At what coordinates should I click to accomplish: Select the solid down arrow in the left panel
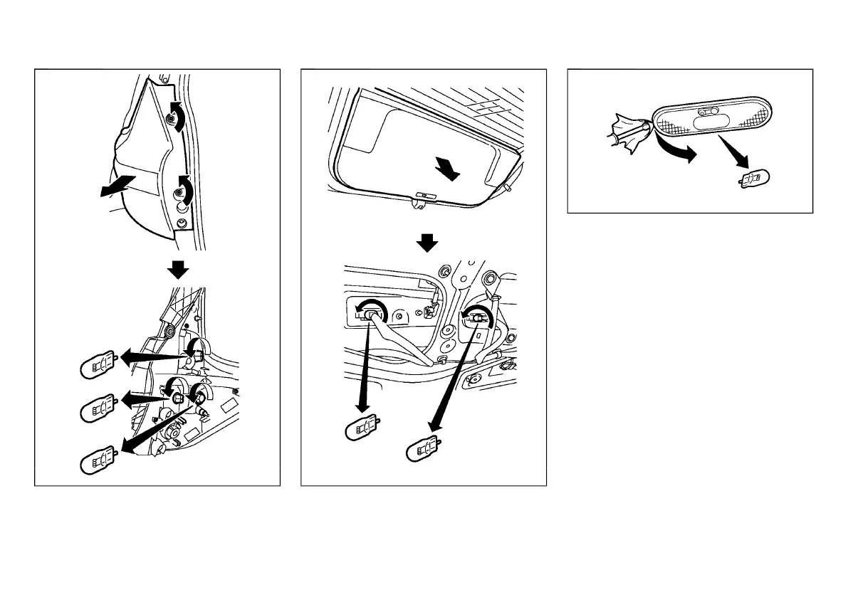177,270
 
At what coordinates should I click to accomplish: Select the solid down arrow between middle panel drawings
426,243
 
